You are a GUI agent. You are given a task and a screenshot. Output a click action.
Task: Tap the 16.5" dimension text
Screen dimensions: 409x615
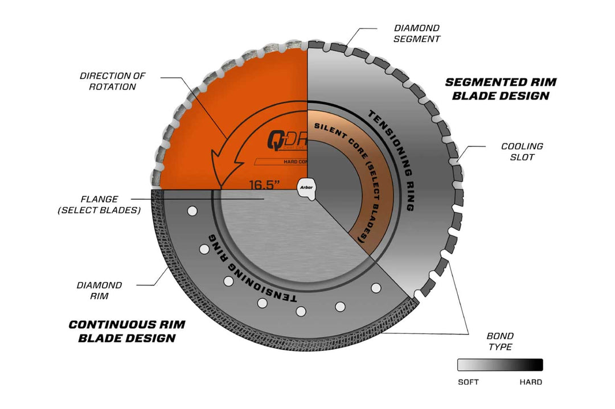pyautogui.click(x=264, y=184)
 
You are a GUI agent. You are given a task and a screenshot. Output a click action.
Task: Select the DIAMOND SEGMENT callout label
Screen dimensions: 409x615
pyautogui.click(x=417, y=33)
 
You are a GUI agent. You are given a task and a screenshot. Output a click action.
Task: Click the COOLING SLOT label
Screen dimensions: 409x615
pyautogui.click(x=522, y=151)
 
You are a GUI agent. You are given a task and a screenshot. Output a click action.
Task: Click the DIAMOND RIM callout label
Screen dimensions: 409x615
pyautogui.click(x=100, y=290)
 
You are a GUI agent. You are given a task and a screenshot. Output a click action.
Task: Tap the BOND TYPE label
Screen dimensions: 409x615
pyautogui.click(x=501, y=341)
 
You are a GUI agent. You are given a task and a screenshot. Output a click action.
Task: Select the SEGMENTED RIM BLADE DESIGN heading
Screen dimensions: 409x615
pyautogui.click(x=501, y=89)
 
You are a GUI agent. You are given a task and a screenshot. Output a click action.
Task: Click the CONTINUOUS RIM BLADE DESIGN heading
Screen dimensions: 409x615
pyautogui.click(x=127, y=331)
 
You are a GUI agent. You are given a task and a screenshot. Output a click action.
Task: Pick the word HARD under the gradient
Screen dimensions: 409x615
pyautogui.click(x=531, y=382)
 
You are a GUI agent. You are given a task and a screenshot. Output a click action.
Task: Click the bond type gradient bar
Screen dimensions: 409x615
pyautogui.click(x=500, y=365)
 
